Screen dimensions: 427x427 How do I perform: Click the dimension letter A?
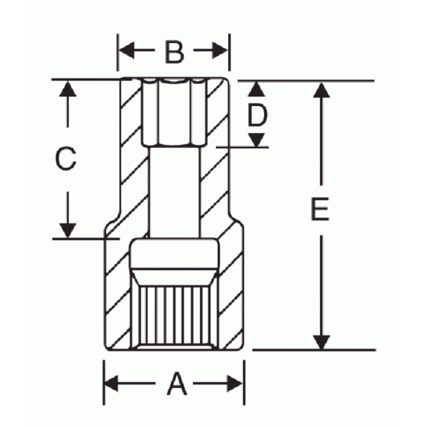(x=176, y=384)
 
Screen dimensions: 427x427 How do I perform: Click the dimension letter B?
(x=174, y=52)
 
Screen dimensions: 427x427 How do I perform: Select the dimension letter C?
(x=66, y=159)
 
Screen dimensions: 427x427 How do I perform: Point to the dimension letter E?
(x=319, y=210)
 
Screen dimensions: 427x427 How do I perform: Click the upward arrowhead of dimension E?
(x=321, y=90)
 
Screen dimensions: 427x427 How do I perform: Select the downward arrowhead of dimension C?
(x=68, y=229)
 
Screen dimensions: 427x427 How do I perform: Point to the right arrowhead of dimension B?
(x=220, y=51)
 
